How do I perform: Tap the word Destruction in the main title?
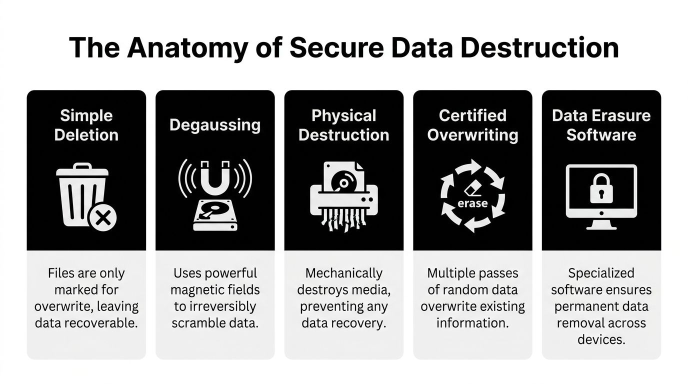pyautogui.click(x=539, y=47)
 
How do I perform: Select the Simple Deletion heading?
pyautogui.click(x=86, y=125)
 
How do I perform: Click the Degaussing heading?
pyautogui.click(x=215, y=125)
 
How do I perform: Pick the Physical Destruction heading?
pyautogui.click(x=343, y=125)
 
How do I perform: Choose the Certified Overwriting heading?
pyautogui.click(x=472, y=125)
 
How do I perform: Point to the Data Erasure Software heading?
pyautogui.click(x=601, y=125)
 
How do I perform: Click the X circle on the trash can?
pyautogui.click(x=102, y=218)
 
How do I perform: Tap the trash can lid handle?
pyautogui.click(x=82, y=166)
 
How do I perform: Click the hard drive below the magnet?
pyautogui.click(x=215, y=215)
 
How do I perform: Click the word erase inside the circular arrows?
pyautogui.click(x=472, y=203)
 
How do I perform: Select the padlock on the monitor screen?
pyautogui.click(x=601, y=188)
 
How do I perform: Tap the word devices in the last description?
pyautogui.click(x=601, y=340)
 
